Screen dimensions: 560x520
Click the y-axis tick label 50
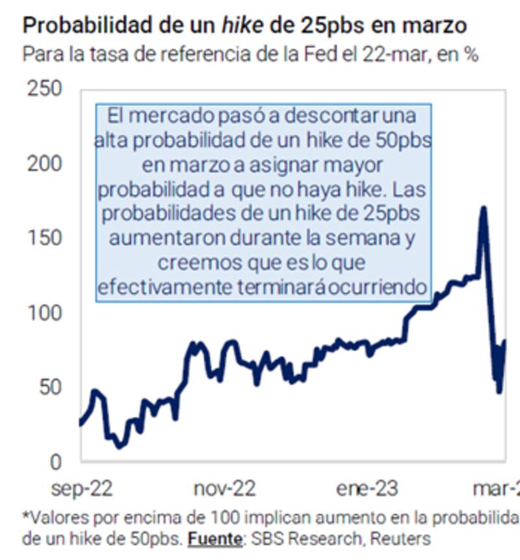pyautogui.click(x=49, y=388)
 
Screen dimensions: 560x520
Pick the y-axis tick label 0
pyautogui.click(x=56, y=462)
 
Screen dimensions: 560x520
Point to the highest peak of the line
pyautogui.click(x=483, y=209)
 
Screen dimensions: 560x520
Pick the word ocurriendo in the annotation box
pyautogui.click(x=380, y=286)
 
